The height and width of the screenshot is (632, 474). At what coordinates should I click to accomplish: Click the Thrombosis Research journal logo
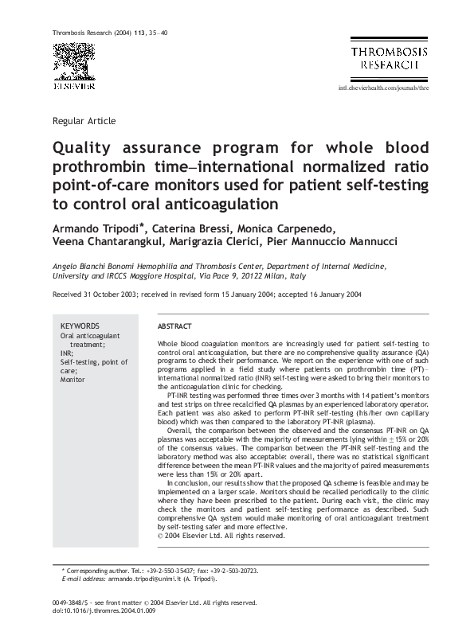click(389, 57)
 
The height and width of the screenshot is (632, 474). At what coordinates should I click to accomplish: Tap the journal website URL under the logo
click(384, 88)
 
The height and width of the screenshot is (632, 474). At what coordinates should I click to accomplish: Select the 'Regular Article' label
click(84, 121)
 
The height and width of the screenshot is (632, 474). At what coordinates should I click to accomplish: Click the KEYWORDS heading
click(80, 326)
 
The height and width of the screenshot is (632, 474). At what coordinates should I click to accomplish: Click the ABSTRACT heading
click(174, 327)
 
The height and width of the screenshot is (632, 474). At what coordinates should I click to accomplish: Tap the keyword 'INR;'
click(67, 353)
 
